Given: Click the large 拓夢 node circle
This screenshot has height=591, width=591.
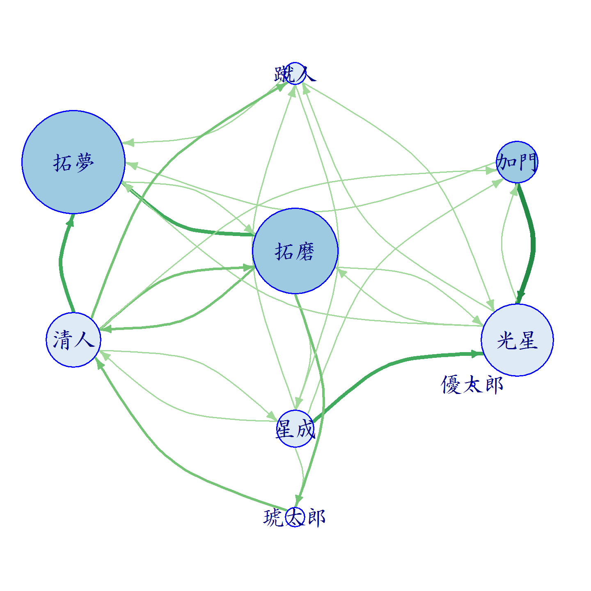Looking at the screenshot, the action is (x=73, y=162).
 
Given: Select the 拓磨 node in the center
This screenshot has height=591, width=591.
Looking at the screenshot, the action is (x=295, y=251).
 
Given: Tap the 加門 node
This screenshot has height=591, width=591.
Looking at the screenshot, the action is (x=517, y=162).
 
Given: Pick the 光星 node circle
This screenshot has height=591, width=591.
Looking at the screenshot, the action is (x=517, y=340).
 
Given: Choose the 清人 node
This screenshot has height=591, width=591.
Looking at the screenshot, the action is (x=73, y=340).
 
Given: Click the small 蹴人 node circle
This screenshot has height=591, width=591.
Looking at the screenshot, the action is (x=295, y=73).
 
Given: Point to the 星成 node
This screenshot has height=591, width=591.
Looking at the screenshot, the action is (x=295, y=428).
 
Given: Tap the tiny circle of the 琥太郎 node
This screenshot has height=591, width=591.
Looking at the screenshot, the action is (x=295, y=517).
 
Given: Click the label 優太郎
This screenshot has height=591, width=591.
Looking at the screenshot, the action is (x=472, y=385).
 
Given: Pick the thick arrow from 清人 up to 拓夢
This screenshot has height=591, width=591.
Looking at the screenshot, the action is (x=61, y=264).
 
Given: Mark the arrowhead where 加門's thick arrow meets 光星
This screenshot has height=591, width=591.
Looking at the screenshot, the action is (x=520, y=298).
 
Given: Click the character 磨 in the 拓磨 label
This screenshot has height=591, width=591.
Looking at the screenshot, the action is (x=305, y=252).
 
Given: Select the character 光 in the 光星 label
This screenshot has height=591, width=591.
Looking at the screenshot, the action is (x=506, y=340).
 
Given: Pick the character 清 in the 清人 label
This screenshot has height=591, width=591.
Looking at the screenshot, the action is (x=62, y=340).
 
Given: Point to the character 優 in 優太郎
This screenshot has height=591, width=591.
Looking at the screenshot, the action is (x=451, y=385).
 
